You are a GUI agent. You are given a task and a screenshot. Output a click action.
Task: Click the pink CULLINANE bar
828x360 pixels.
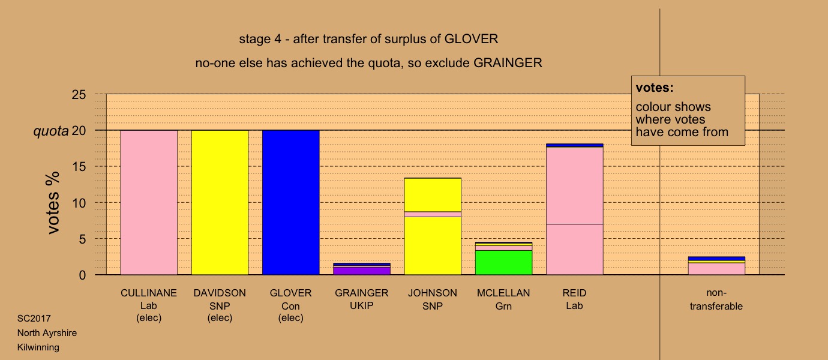[x=149, y=202]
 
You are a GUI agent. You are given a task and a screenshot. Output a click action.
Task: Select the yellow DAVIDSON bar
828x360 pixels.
[x=220, y=202]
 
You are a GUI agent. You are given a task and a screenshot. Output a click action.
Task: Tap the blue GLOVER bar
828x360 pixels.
[x=291, y=202]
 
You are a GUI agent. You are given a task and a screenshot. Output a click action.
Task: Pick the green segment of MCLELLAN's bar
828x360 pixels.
[x=504, y=262]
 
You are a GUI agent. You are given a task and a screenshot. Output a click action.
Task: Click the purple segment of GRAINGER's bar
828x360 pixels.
[x=362, y=271]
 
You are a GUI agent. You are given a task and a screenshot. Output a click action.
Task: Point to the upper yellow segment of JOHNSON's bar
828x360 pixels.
[x=433, y=195]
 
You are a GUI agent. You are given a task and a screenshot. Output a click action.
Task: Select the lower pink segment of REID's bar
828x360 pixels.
[x=575, y=249]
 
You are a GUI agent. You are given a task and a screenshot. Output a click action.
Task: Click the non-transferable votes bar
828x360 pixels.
[x=716, y=266]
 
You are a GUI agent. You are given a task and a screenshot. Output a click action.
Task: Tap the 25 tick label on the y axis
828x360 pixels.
[x=79, y=95]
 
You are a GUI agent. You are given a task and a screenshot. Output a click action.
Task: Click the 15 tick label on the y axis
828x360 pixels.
[x=79, y=167]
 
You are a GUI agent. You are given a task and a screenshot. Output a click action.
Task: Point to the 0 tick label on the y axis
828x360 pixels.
[x=82, y=275]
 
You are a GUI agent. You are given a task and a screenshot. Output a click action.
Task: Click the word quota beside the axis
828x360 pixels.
[x=51, y=131]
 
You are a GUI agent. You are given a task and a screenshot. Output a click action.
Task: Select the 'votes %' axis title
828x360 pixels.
[x=53, y=203]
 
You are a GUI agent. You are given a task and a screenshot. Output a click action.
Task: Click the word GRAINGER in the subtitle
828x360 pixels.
[x=508, y=63]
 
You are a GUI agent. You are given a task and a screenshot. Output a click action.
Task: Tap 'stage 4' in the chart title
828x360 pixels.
[x=260, y=39]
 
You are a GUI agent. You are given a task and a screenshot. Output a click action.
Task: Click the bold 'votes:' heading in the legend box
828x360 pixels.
[x=655, y=88]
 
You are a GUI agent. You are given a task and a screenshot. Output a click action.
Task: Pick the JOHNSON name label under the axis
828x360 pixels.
[x=433, y=293]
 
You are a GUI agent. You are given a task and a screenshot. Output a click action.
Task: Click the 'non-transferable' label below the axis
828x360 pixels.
[x=716, y=299]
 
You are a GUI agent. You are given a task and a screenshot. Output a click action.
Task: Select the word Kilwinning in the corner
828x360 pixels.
[x=38, y=347]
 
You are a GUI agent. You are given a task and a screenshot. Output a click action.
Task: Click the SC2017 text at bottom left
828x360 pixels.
[x=34, y=319]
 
